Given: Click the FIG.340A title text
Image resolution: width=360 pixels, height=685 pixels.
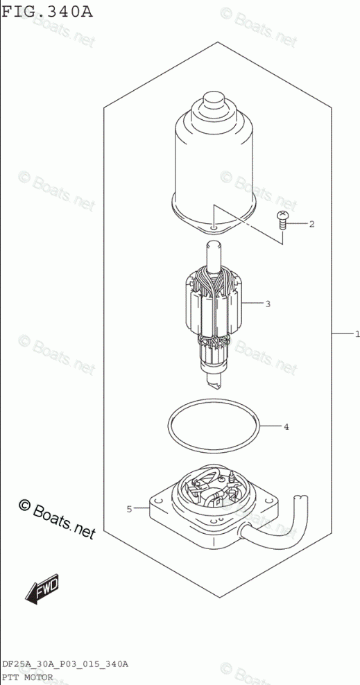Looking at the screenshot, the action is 47,10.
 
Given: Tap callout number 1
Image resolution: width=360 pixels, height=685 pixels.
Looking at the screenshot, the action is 357,334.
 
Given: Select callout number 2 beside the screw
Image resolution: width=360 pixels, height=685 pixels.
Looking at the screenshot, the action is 311,224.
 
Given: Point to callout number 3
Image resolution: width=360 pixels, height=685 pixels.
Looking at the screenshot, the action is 268,304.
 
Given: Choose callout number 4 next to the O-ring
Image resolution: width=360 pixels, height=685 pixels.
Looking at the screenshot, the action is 286,427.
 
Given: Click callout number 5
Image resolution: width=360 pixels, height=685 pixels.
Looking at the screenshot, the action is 129,508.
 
